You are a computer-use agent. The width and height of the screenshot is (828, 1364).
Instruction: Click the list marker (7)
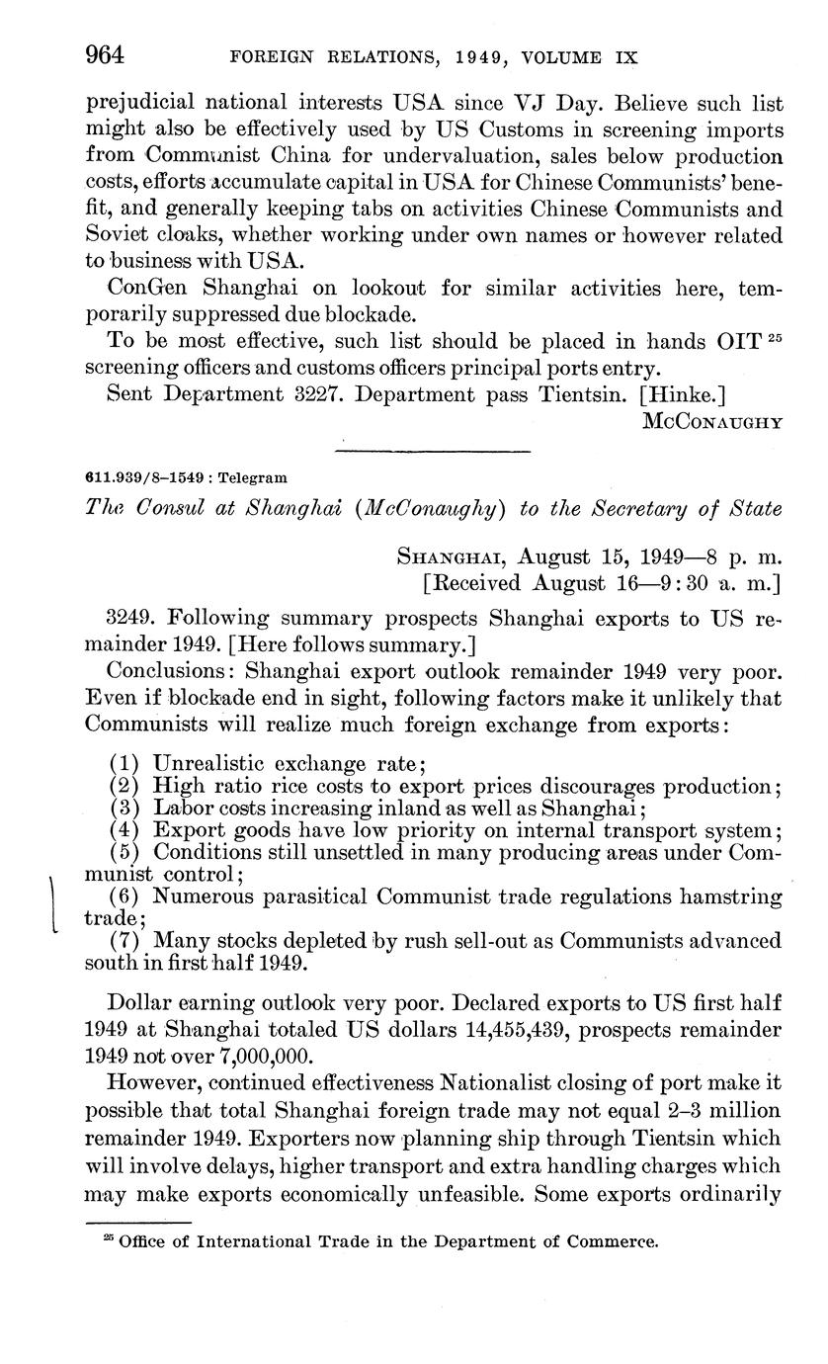(125, 940)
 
